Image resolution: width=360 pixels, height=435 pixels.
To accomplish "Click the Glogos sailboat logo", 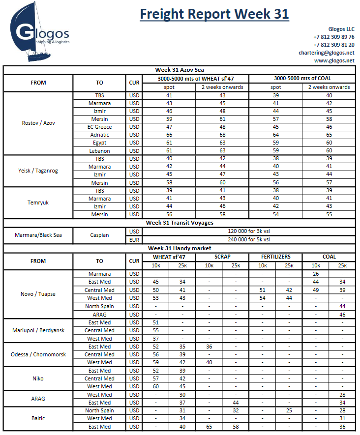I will coord(39,33).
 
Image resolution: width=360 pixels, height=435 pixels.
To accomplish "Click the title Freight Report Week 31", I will coord(214,14).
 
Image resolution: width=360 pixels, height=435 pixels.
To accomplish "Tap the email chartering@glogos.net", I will coord(326,53).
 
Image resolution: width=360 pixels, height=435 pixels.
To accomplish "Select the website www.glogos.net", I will coord(334,60).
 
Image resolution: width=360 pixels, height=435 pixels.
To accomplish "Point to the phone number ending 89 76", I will coord(333,37).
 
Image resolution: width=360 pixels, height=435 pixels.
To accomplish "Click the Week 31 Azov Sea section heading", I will coord(180,70).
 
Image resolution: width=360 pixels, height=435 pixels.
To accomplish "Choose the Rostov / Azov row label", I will coord(38,123).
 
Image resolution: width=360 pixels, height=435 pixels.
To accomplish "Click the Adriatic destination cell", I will coord(99,135).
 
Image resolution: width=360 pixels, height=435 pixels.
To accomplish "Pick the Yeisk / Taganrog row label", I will coord(38,171).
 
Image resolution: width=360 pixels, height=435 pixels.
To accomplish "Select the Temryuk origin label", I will coord(38,203).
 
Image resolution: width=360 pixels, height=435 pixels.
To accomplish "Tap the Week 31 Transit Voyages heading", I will coord(180,223).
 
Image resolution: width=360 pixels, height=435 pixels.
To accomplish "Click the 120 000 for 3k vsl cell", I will coord(249,231).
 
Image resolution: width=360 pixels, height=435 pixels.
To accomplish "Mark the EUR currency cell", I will coord(134,239).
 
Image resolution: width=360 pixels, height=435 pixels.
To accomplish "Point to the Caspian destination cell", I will coord(99,235).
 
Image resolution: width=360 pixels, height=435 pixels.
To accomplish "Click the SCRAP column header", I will coord(222,257).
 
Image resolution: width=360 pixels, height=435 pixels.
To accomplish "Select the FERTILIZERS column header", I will coord(275,257).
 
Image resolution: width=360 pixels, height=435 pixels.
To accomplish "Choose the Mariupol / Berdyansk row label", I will coord(38,330).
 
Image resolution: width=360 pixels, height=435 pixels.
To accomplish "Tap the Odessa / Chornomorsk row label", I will coord(38,354).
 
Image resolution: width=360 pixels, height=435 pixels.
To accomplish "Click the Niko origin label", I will coord(38,378).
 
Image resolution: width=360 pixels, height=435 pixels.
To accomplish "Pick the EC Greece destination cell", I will coord(99,127).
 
